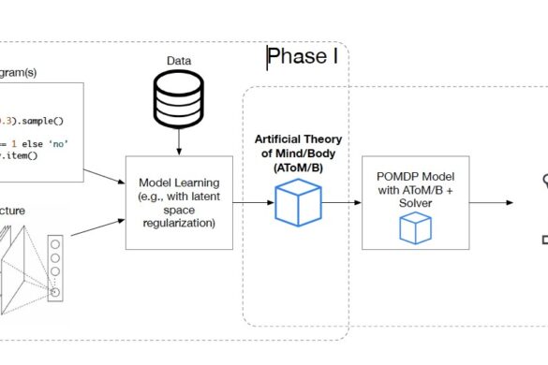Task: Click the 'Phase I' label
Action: point(303,58)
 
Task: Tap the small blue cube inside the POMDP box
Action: point(414,227)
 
